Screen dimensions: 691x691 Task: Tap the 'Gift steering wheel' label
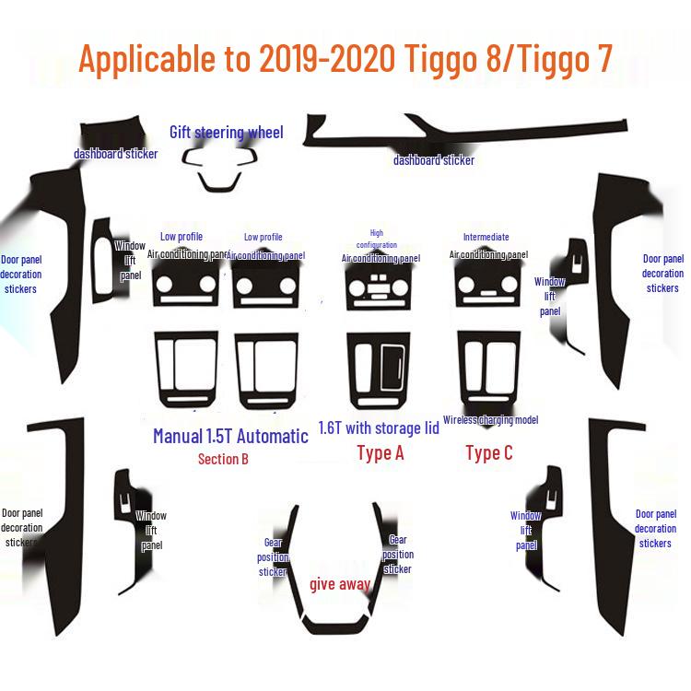point(226,132)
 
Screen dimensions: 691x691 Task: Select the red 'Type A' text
point(380,452)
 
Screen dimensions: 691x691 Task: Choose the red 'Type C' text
point(488,452)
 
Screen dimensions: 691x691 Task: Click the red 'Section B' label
point(223,459)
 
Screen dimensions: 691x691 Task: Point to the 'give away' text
point(340,584)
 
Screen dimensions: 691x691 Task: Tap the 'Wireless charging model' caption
point(490,420)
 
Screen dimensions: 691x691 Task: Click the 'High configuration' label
point(376,239)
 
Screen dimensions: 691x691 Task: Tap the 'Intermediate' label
point(486,237)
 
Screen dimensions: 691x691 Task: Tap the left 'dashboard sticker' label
point(115,154)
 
